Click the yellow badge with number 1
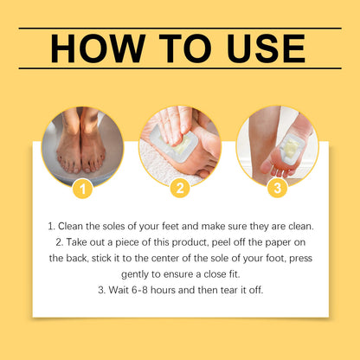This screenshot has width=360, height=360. [82, 188]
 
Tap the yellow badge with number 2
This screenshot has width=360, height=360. [179, 188]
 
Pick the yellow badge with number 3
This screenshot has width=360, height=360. [277, 188]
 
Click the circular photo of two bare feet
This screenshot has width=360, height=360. [82, 145]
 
